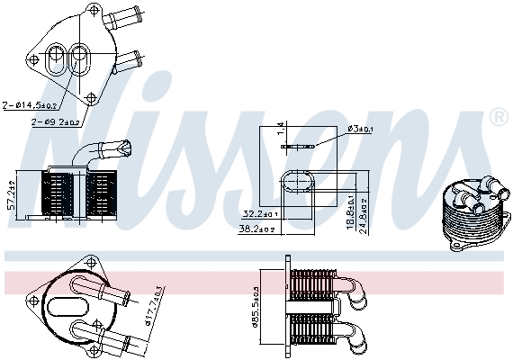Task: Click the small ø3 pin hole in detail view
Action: click(295, 145)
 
